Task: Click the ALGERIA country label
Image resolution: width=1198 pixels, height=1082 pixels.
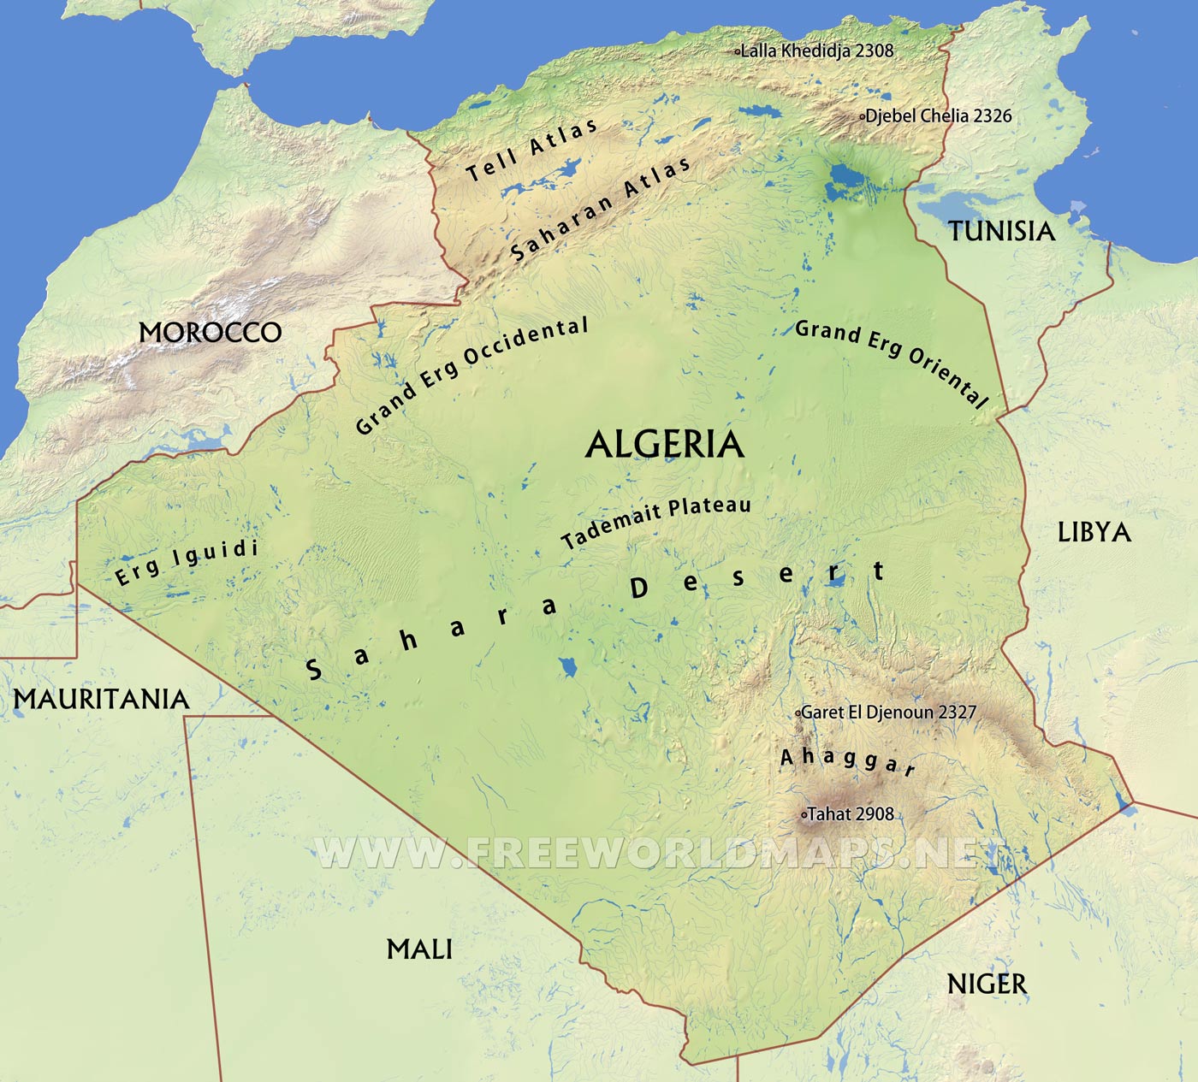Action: [x=664, y=445]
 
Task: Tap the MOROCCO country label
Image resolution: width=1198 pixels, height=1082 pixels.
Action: [x=211, y=332]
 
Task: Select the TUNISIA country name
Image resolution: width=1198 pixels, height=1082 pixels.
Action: [x=1001, y=231]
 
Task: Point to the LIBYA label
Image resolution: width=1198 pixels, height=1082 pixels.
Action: [x=1094, y=532]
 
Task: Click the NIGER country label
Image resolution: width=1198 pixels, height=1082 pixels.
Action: [x=986, y=984]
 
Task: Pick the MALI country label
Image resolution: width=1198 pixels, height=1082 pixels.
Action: [x=419, y=949]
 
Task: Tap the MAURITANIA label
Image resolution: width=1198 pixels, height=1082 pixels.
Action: [x=101, y=699]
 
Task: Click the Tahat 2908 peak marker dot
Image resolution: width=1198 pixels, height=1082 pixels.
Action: [x=804, y=815]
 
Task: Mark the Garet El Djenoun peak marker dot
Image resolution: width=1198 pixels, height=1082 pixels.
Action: [x=798, y=712]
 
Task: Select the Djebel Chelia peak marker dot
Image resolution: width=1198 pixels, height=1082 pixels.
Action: [x=862, y=116]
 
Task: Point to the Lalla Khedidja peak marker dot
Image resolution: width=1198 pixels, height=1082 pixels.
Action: [x=738, y=51]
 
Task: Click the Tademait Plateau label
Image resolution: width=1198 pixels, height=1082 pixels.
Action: [x=655, y=522]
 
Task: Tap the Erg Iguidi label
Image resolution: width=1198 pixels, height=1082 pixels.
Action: [x=187, y=562]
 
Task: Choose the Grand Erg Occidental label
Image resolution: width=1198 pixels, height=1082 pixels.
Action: [x=471, y=375]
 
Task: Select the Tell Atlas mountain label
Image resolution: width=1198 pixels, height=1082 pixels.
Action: [x=531, y=151]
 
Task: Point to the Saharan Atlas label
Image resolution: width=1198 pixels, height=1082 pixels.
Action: [x=600, y=209]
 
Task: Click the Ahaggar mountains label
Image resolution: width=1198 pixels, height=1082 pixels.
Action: [x=847, y=760]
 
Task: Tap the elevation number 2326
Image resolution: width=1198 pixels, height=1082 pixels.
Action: [x=993, y=116]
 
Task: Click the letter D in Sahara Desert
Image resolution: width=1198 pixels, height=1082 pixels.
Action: [x=639, y=588]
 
